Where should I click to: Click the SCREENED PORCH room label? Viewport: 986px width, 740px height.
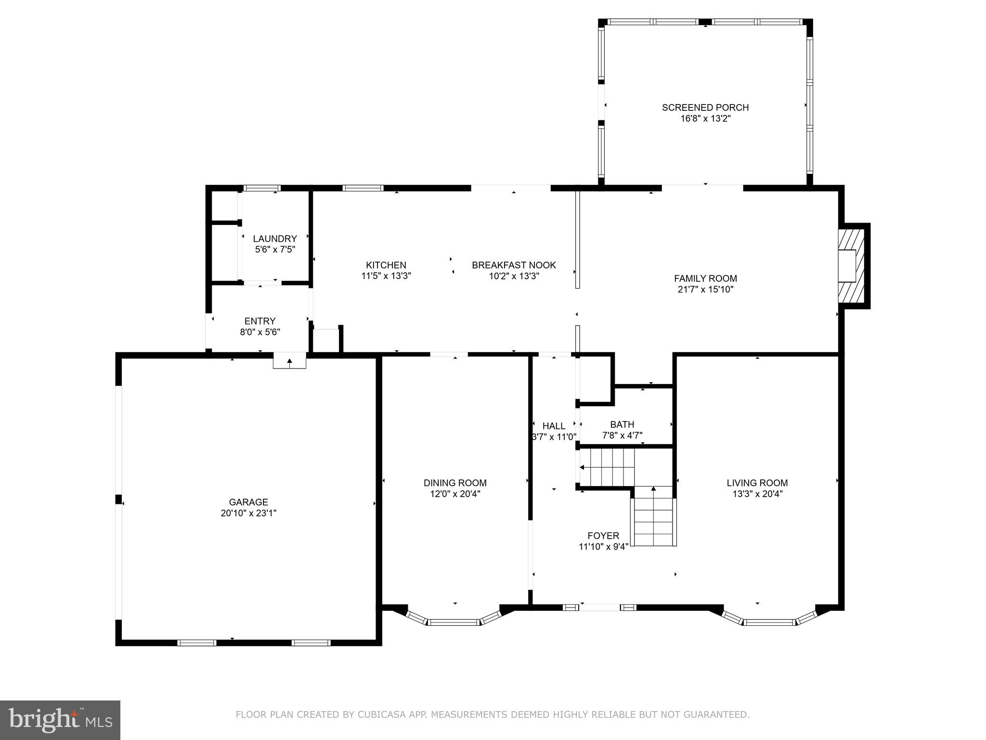[x=705, y=107]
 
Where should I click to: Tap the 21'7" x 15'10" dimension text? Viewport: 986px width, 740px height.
[x=705, y=290]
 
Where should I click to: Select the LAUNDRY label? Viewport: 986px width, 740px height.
[x=275, y=238]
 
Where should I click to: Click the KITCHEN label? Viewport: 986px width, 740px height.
[x=386, y=265]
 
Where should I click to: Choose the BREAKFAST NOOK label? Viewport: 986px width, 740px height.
[x=514, y=265]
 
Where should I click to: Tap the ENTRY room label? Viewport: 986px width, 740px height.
[x=260, y=321]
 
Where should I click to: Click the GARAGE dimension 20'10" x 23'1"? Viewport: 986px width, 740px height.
[x=248, y=513]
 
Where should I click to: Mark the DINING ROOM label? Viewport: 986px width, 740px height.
[x=455, y=483]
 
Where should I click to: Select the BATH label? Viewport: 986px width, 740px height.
[x=622, y=424]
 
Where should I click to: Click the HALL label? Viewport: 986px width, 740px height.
[x=554, y=426]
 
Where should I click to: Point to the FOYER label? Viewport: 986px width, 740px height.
[x=603, y=536]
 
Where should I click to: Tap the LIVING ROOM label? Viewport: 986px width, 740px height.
[x=757, y=483]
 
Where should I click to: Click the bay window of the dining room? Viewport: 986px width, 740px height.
[x=454, y=621]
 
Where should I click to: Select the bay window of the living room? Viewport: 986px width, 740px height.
[x=769, y=621]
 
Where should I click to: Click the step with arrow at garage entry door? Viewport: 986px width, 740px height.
[x=289, y=361]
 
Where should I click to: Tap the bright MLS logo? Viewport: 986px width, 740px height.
[x=60, y=720]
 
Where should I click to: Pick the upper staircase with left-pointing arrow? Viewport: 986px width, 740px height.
[x=607, y=467]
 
